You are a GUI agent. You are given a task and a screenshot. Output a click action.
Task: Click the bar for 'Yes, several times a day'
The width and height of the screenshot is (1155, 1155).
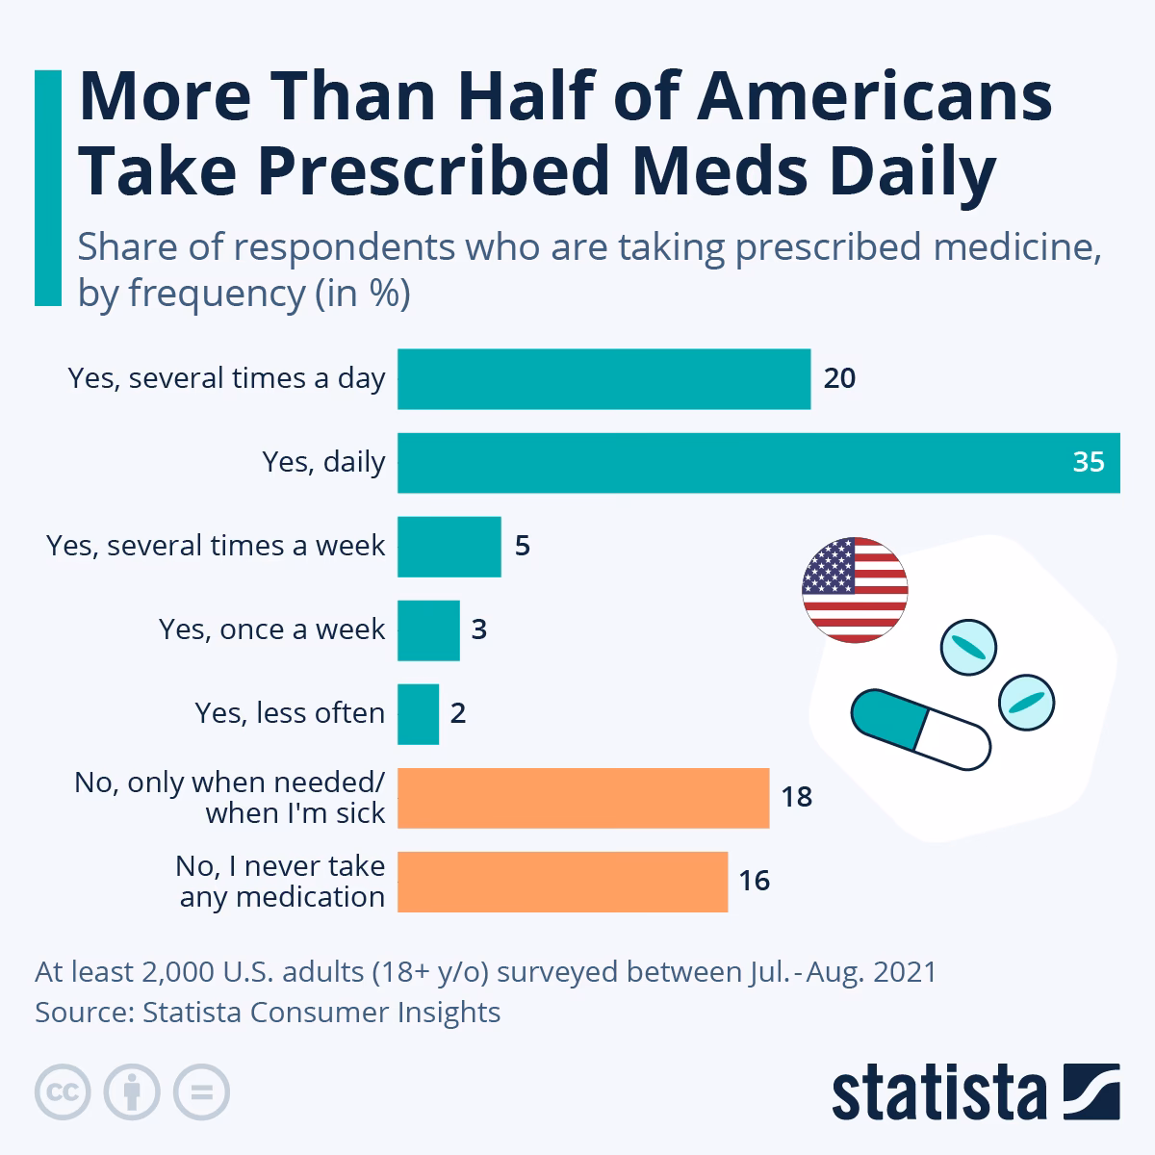tap(603, 379)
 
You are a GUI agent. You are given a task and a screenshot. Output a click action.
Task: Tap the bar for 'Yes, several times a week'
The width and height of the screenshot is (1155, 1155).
tap(449, 547)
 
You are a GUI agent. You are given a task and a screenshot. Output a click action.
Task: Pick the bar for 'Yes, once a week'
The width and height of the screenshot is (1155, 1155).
tap(428, 630)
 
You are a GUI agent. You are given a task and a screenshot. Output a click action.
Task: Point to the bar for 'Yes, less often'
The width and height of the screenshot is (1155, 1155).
tap(418, 714)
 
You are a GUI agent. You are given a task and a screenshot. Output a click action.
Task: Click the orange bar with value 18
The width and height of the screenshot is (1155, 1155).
tap(583, 798)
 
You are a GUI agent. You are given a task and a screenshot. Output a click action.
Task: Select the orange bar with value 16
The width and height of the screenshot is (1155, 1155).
tap(562, 882)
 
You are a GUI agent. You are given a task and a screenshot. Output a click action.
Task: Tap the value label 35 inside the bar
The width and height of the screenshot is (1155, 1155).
tap(1089, 463)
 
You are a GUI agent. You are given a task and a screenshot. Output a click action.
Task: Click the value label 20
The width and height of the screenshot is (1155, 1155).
tap(839, 379)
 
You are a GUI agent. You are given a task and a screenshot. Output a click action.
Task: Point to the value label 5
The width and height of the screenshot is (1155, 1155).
tap(523, 547)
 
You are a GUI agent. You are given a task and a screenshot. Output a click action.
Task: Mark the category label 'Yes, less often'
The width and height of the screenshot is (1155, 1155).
tap(290, 713)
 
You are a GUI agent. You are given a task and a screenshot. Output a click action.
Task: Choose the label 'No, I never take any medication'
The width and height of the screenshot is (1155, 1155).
tap(281, 882)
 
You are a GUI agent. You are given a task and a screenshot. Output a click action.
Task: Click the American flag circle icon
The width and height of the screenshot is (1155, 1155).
tap(855, 590)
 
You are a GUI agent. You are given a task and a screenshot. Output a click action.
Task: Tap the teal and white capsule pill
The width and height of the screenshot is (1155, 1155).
tap(920, 730)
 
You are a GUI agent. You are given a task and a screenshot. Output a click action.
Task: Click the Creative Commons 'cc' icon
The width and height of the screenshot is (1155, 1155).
tap(64, 1091)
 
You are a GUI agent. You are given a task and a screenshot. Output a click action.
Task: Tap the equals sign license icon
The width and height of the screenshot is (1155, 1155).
tap(202, 1091)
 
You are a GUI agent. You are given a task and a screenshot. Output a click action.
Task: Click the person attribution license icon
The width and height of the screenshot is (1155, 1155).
tap(133, 1091)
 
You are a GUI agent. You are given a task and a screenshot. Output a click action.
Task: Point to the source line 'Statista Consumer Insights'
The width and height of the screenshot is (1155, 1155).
tap(321, 1013)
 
